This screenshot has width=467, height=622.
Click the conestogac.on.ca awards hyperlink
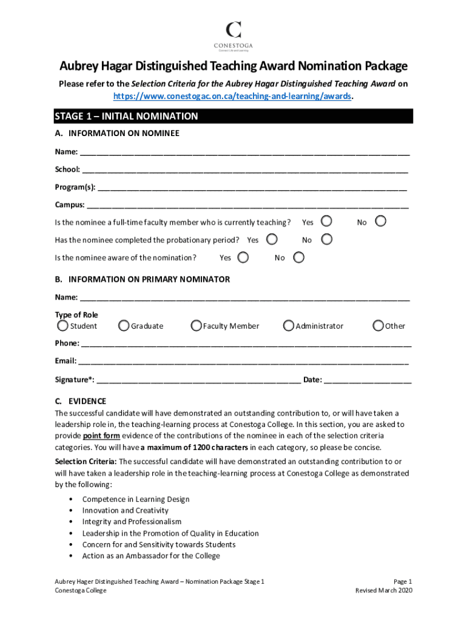[233, 96]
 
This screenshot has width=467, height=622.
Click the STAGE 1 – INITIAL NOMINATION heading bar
[233, 116]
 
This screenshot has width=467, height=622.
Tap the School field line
[245, 170]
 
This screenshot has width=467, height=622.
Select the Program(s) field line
[252, 188]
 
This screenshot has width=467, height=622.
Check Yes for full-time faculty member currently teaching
[326, 221]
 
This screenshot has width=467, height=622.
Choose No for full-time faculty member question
[381, 221]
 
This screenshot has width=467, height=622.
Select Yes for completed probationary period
[272, 239]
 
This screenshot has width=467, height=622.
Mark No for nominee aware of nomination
[298, 257]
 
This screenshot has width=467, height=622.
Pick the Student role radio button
[62, 326]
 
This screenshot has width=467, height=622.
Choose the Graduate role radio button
[124, 326]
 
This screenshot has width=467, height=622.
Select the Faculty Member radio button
[196, 326]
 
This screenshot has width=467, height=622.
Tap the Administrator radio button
[289, 326]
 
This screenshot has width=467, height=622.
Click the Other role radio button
[378, 326]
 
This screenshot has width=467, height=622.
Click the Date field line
[368, 381]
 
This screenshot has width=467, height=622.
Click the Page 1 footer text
[402, 581]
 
